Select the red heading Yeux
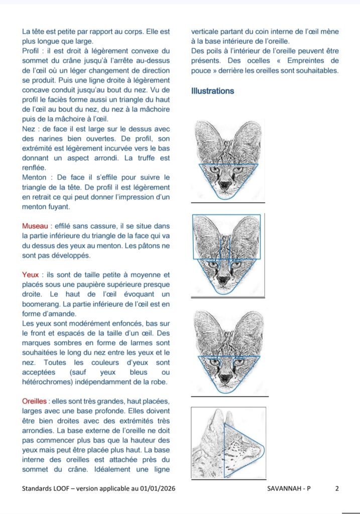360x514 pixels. pyautogui.click(x=30, y=275)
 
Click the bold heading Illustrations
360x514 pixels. pyautogui.click(x=212, y=91)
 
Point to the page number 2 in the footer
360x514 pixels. pyautogui.click(x=337, y=488)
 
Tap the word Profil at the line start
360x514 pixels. pyautogui.click(x=32, y=51)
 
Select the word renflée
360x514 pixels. pyautogui.click(x=34, y=168)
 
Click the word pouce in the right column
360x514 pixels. pyautogui.click(x=200, y=71)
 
